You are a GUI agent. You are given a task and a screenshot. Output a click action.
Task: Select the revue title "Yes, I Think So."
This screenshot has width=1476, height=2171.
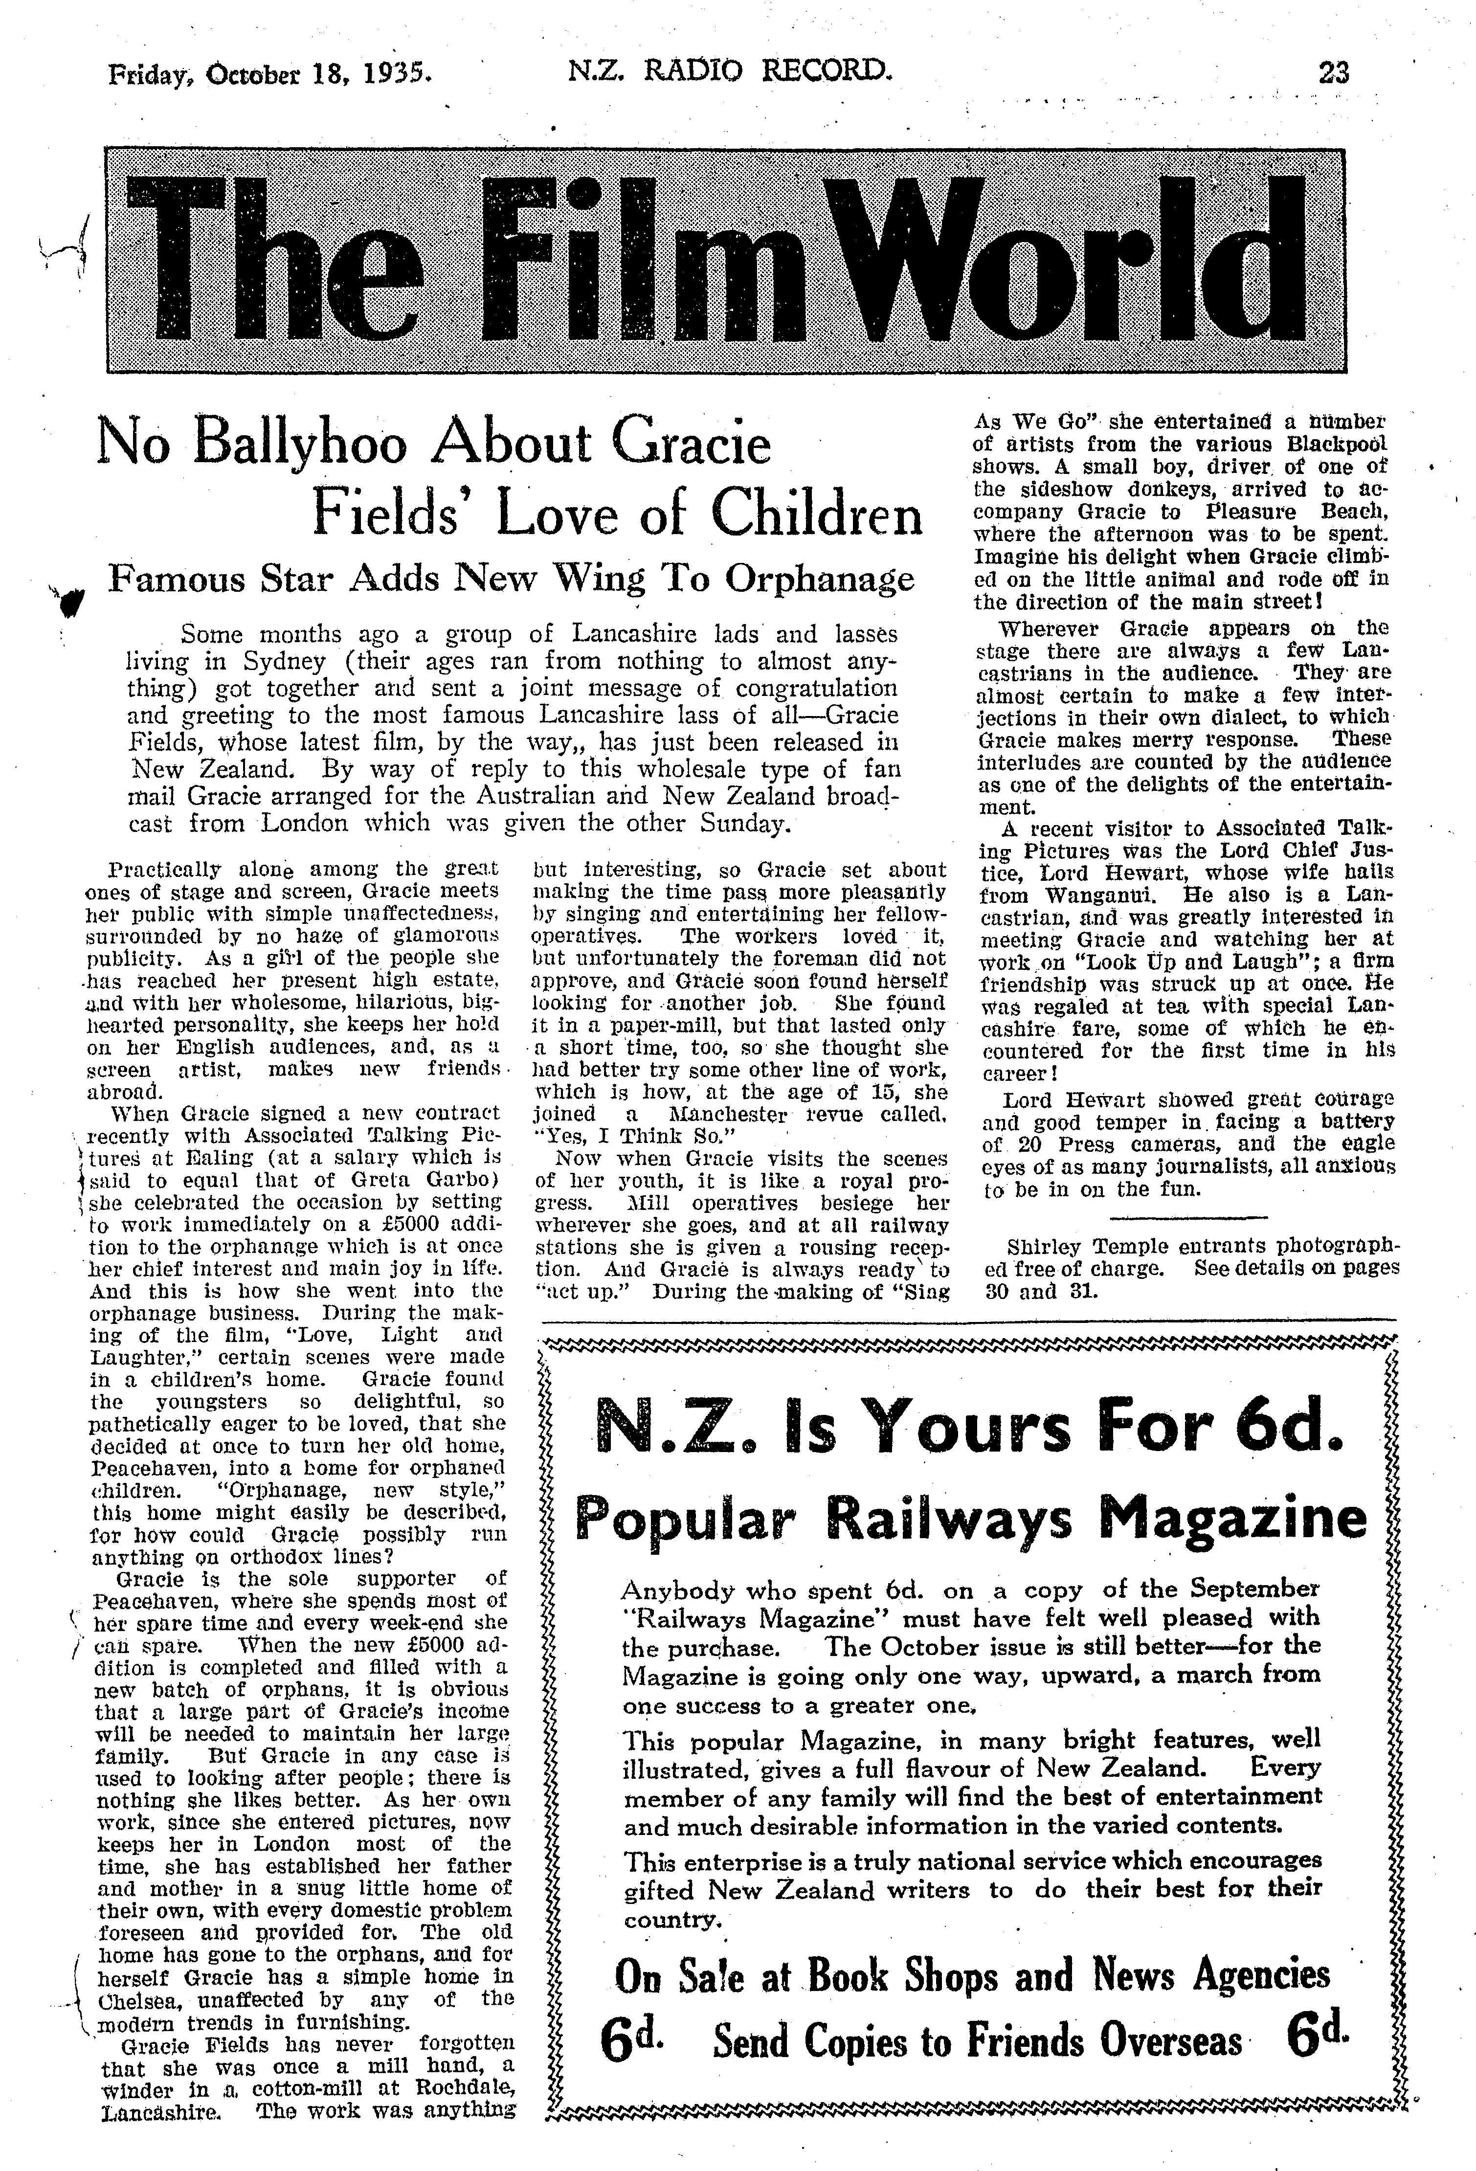[x=626, y=1136]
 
